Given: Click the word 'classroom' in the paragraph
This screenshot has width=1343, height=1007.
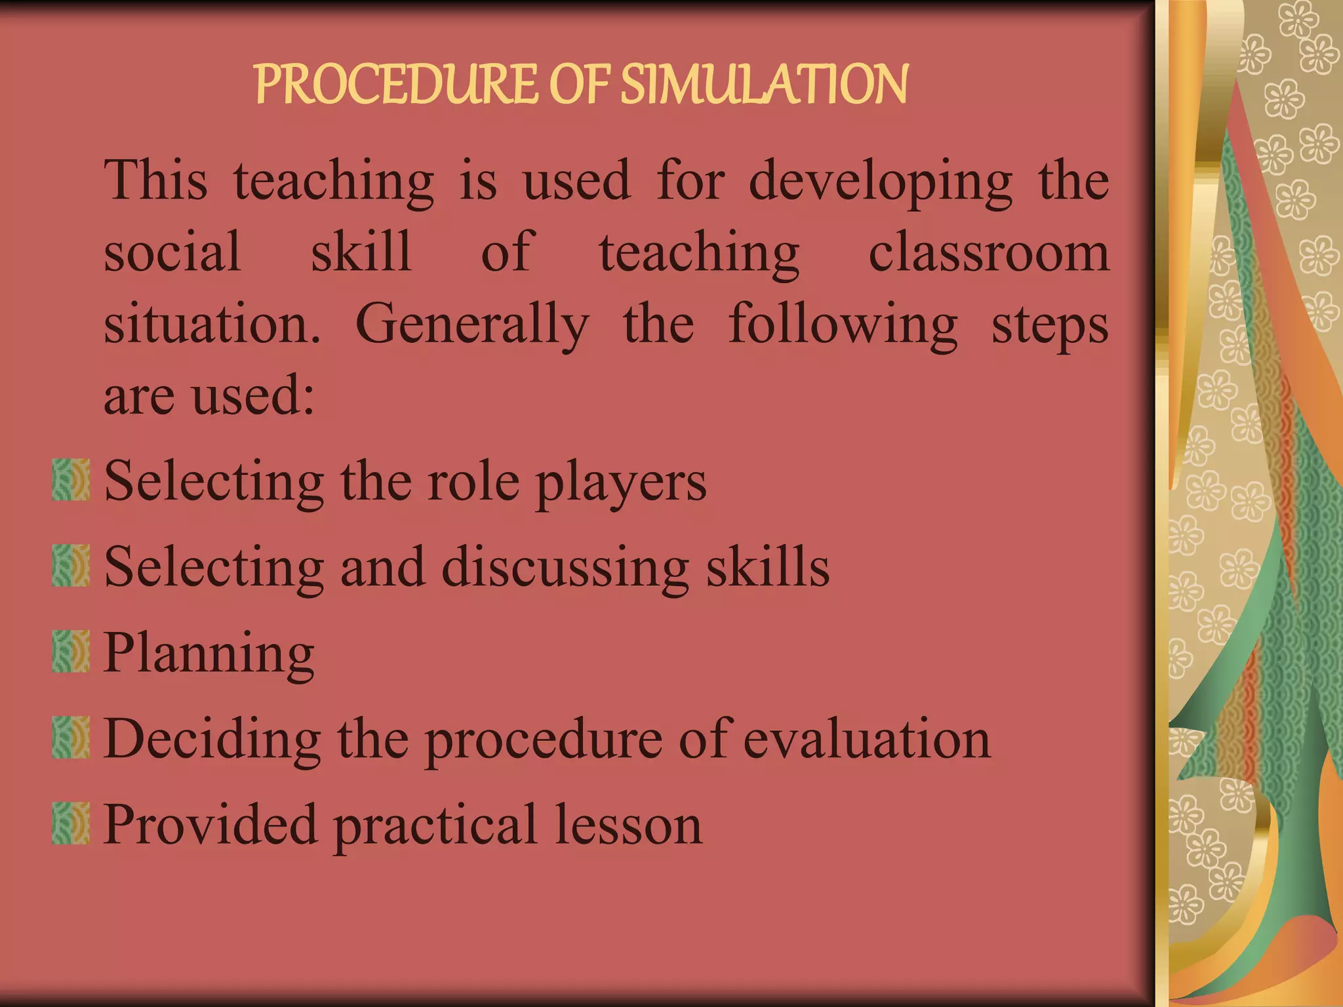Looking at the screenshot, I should point(988,252).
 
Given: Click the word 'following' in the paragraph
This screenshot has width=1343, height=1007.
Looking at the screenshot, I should point(843,326).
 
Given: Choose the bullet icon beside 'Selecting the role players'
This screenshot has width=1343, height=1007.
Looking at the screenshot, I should point(71,480).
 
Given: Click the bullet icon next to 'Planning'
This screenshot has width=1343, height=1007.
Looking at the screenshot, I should point(71,652).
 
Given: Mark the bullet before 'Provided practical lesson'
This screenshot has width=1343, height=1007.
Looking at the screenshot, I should point(71,823).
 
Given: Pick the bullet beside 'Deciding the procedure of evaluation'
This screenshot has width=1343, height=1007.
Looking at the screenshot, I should point(71,738).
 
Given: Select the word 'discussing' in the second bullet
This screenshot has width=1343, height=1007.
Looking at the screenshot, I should point(565,568).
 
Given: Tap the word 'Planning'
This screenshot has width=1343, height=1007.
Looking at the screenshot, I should point(209,654).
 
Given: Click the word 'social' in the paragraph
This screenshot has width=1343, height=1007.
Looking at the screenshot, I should point(172,252).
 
